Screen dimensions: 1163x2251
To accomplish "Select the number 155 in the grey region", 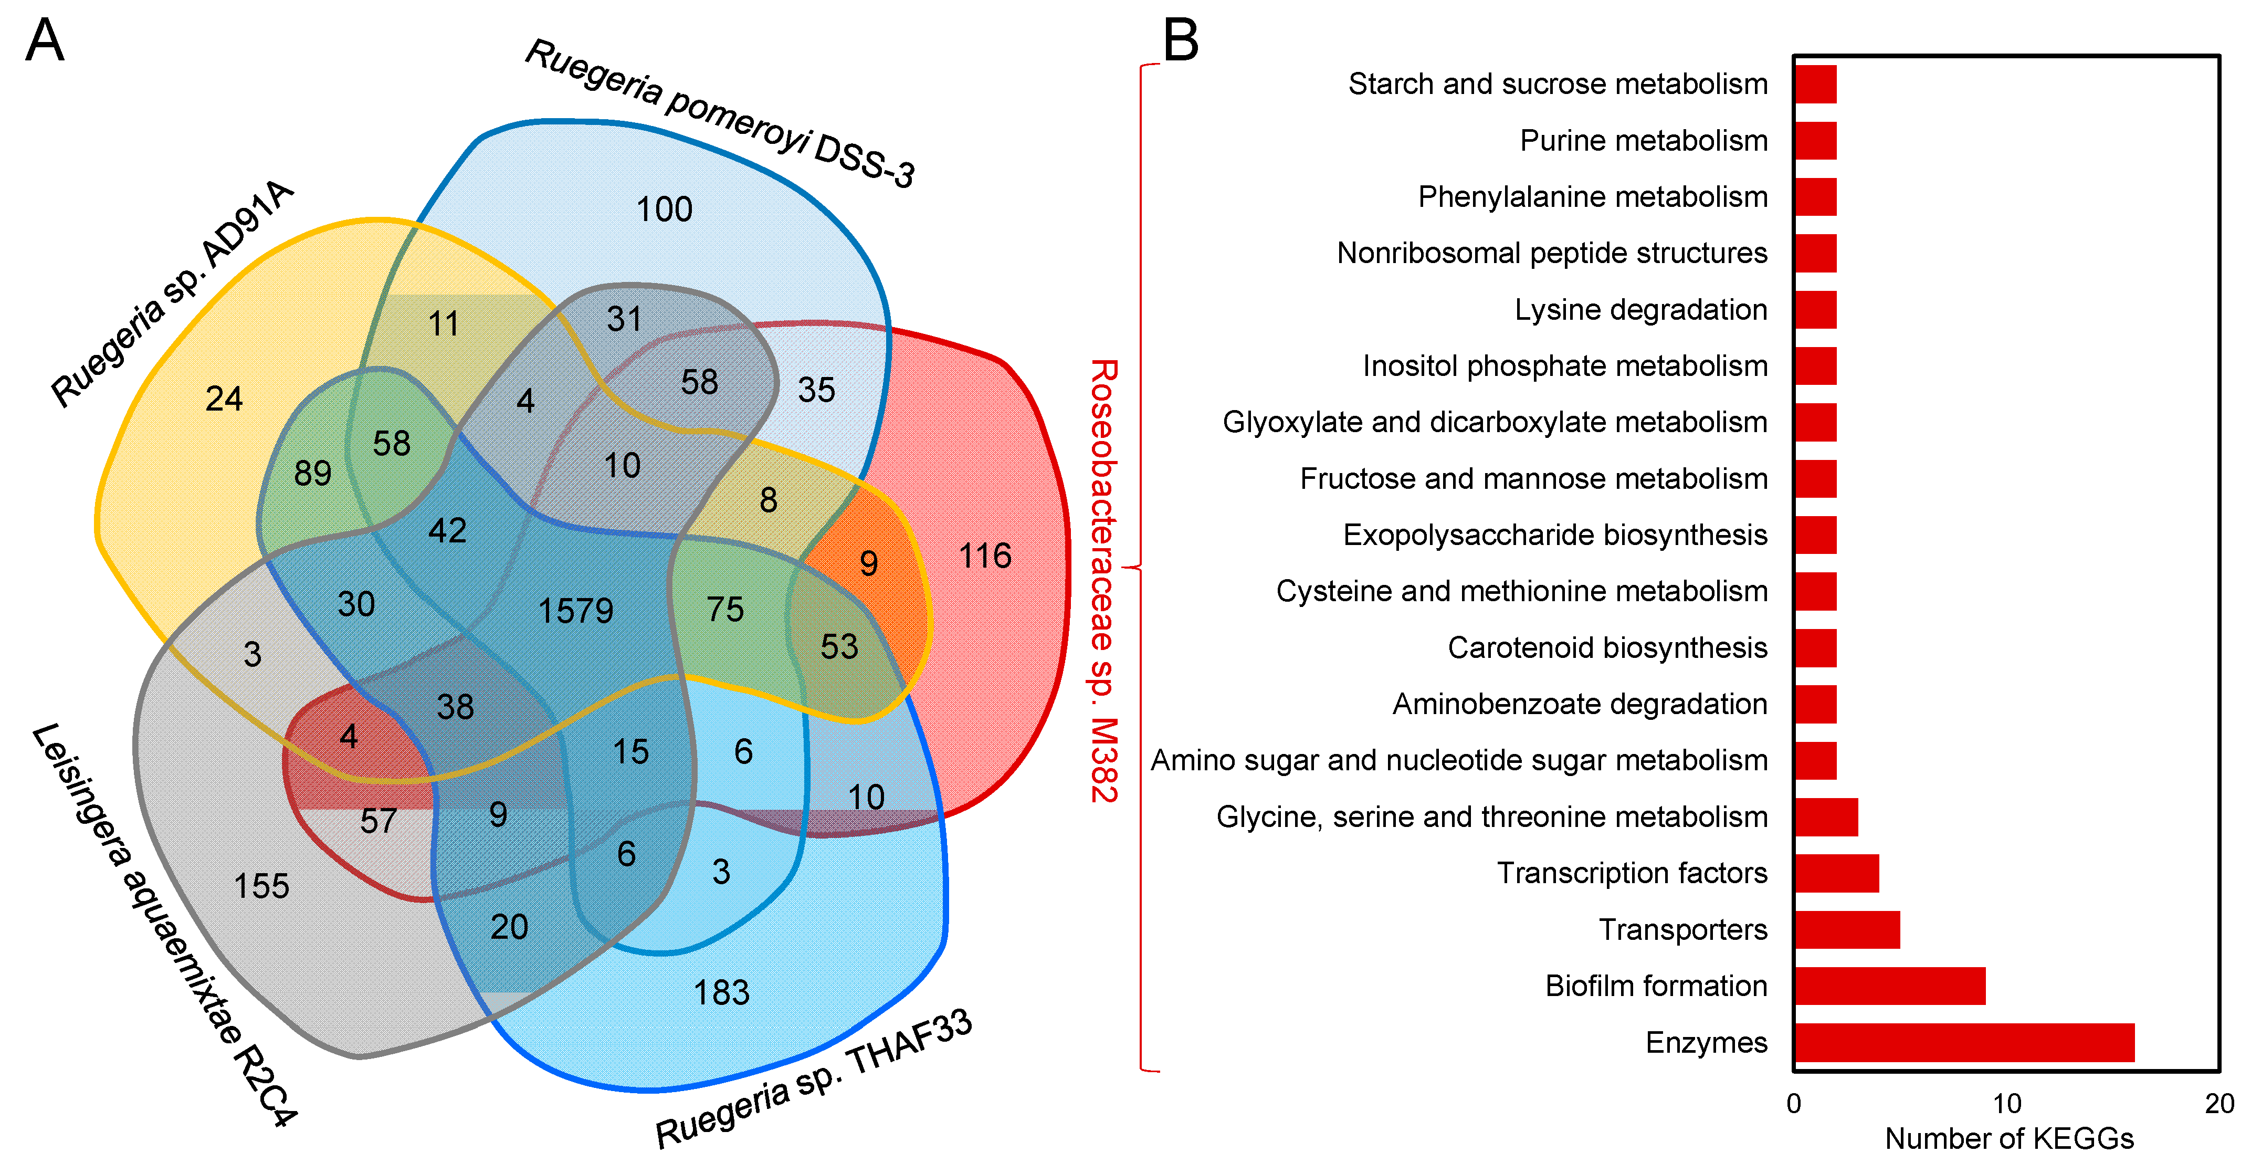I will (x=261, y=886).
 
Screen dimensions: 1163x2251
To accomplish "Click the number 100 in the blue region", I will (x=664, y=209).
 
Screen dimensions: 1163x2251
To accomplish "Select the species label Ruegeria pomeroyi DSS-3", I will (x=719, y=113).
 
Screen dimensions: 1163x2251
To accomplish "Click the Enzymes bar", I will (x=1963, y=1042).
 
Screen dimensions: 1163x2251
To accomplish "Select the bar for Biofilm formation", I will (x=1889, y=986).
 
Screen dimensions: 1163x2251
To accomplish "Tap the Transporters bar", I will (x=1846, y=930).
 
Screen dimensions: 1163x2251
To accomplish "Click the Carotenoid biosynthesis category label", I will (x=1607, y=647).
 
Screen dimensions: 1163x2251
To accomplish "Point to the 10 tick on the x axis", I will (x=2006, y=1104).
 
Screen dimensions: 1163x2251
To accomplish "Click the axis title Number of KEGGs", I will (x=2009, y=1138).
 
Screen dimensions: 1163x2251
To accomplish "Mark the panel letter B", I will (x=1181, y=40).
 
